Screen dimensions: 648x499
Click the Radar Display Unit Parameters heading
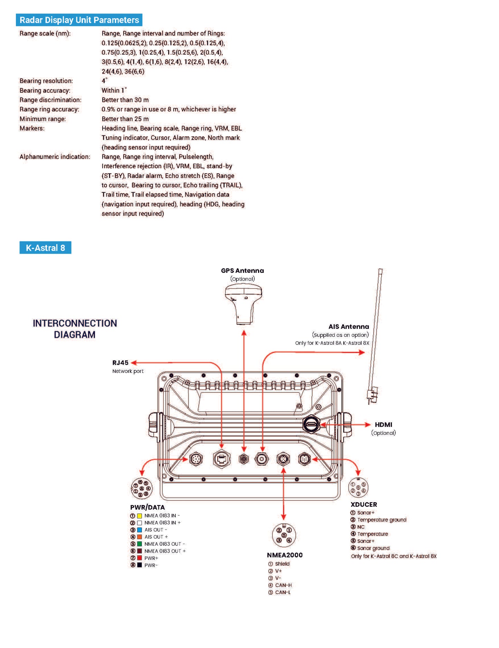(79, 20)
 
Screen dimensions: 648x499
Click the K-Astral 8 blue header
(45, 248)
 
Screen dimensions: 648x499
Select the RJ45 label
(120, 363)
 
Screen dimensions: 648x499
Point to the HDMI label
(383, 425)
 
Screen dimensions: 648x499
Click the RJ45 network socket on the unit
(221, 459)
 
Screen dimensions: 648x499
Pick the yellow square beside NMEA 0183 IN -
(140, 516)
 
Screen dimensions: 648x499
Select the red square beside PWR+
(140, 558)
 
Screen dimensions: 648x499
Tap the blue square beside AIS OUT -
(140, 530)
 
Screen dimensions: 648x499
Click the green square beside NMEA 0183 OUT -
(140, 544)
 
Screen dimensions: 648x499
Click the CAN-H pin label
(283, 585)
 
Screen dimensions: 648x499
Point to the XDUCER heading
(364, 505)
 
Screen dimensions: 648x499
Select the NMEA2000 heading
(285, 555)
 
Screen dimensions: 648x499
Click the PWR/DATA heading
(147, 507)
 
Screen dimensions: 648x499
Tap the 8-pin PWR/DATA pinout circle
(142, 488)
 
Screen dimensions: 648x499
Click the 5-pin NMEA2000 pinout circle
(284, 535)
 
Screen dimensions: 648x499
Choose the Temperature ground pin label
(382, 520)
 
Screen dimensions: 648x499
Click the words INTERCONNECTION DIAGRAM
(75, 329)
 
